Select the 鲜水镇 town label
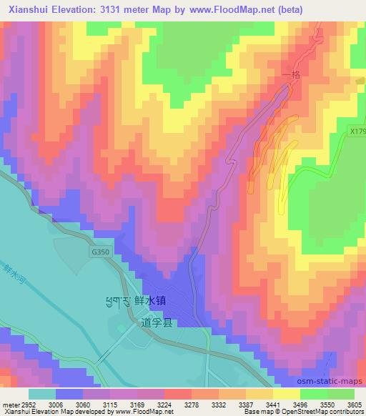coord(151,302)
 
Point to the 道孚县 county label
coord(157,324)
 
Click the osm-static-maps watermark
coord(336,381)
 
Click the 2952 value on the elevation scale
coord(26,404)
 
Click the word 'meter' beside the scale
coord(8,404)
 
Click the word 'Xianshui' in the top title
coord(28,10)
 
